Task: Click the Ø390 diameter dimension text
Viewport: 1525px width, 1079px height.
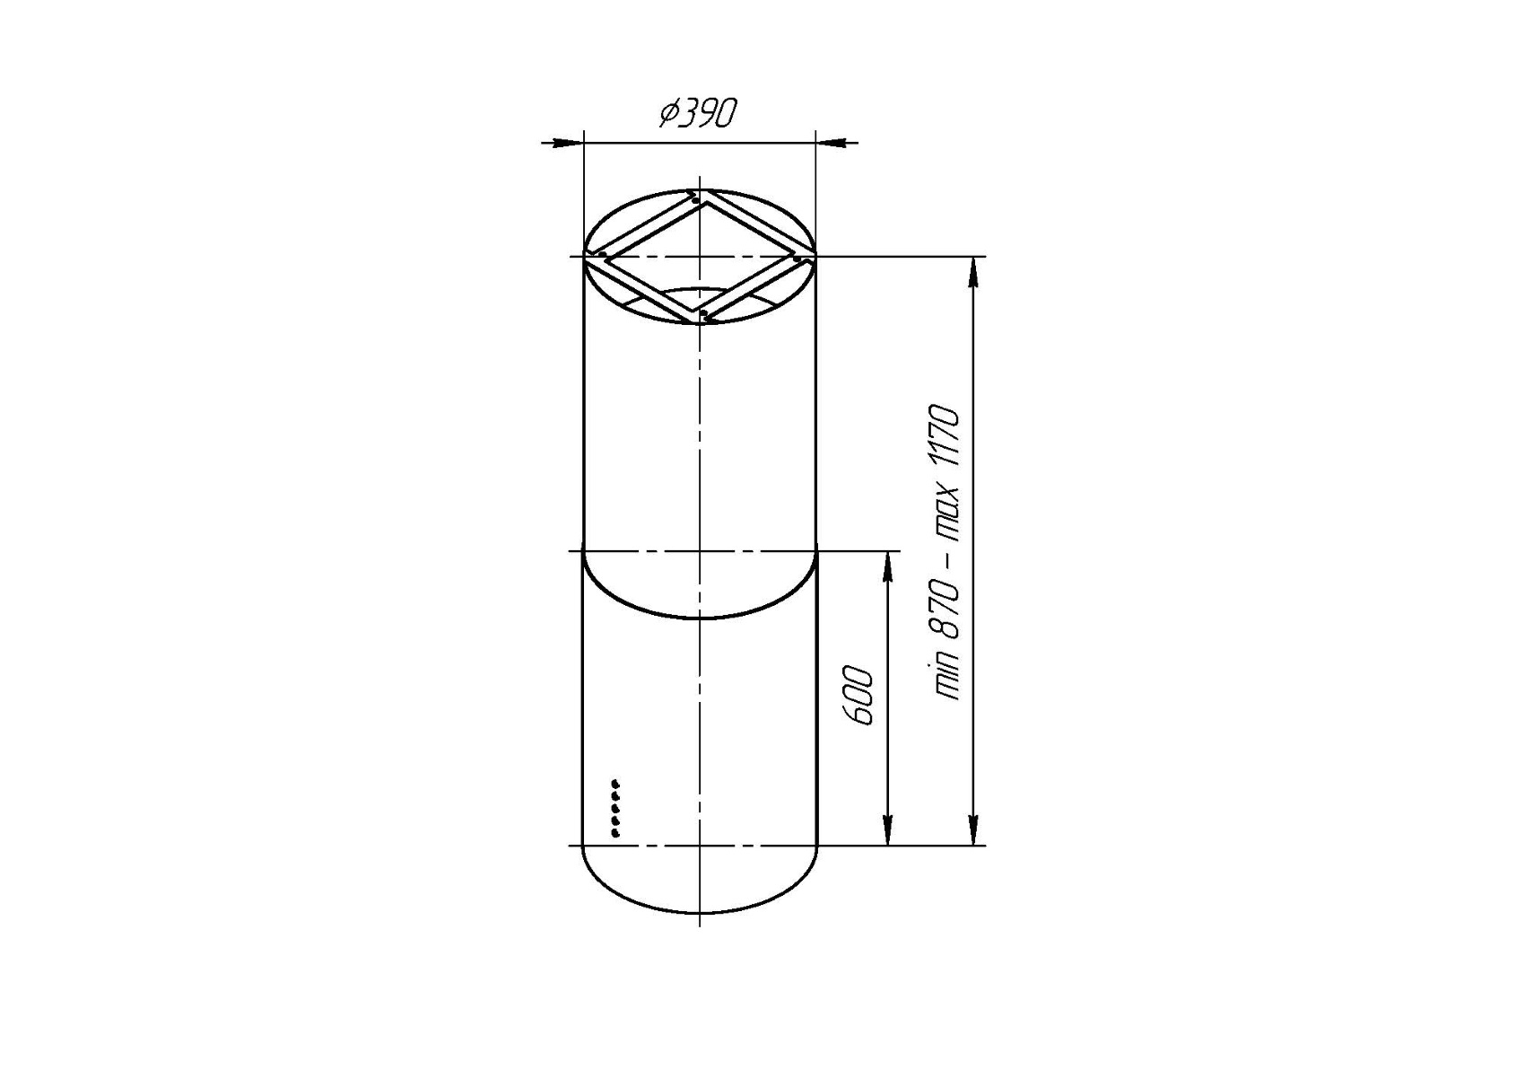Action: [698, 115]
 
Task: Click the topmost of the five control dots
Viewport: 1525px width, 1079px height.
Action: [615, 784]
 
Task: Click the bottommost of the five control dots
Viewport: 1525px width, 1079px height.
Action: [615, 834]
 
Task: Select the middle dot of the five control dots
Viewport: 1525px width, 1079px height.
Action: [615, 809]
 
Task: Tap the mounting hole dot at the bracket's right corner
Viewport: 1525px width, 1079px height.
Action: [797, 259]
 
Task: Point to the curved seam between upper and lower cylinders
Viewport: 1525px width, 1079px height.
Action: [700, 618]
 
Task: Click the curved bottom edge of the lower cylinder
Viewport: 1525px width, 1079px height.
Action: [700, 914]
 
